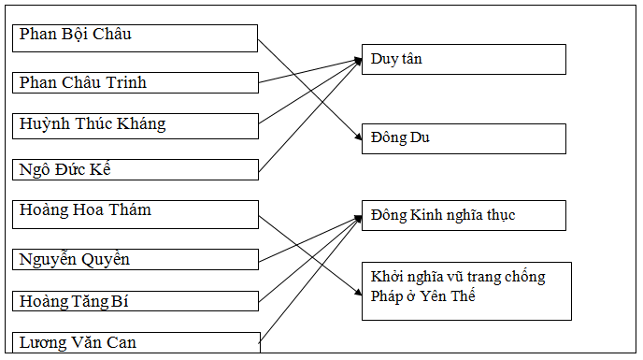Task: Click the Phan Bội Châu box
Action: point(136,37)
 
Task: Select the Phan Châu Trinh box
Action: point(136,82)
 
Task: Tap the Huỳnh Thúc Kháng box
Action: point(136,125)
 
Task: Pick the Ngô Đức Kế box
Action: point(136,169)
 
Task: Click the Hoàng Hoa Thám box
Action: point(136,213)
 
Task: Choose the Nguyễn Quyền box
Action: point(136,259)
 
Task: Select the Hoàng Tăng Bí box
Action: point(136,301)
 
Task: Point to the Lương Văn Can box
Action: point(136,342)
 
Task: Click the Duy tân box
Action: point(464,59)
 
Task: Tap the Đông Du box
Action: point(464,138)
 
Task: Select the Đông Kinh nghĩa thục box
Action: point(464,215)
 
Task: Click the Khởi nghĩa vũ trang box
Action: point(464,291)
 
